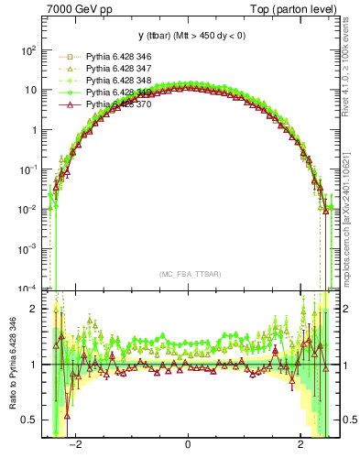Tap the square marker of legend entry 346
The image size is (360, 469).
(64, 57)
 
